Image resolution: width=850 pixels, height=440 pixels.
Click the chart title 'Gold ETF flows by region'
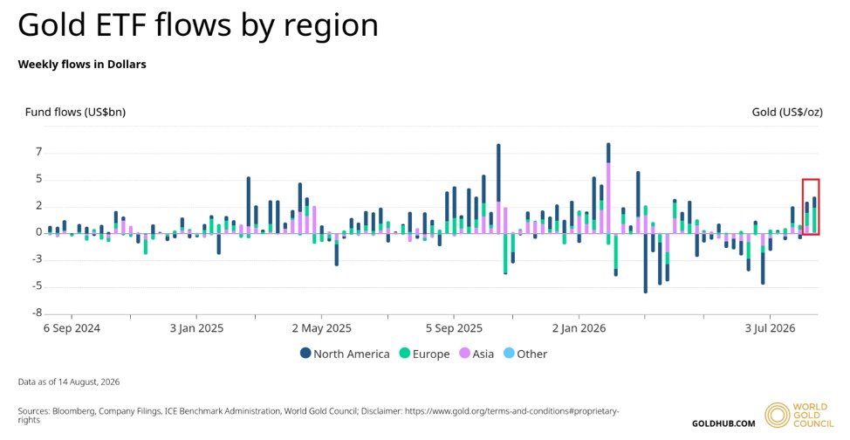pyautogui.click(x=198, y=25)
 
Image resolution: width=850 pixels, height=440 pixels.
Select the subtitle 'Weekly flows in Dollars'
pyautogui.click(x=82, y=64)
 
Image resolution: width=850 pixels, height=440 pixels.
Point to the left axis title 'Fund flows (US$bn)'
pyautogui.click(x=75, y=113)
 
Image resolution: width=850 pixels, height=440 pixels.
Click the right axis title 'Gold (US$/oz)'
pyautogui.click(x=787, y=113)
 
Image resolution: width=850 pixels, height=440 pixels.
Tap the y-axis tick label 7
pyautogui.click(x=38, y=153)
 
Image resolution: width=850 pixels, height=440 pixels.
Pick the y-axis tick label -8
pyautogui.click(x=37, y=313)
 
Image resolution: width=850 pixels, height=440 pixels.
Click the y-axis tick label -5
pyautogui.click(x=37, y=286)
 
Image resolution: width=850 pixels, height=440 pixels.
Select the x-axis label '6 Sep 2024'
pyautogui.click(x=72, y=328)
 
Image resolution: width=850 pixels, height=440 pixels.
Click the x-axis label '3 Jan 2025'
pyautogui.click(x=196, y=328)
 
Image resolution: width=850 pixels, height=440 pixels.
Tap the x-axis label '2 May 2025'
pyautogui.click(x=321, y=328)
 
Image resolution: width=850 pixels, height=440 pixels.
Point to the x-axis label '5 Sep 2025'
pyautogui.click(x=454, y=328)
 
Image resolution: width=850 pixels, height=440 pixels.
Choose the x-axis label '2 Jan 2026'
pyautogui.click(x=579, y=328)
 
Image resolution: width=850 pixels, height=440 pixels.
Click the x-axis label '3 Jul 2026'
pyautogui.click(x=770, y=328)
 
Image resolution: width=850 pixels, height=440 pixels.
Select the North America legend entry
pyautogui.click(x=345, y=354)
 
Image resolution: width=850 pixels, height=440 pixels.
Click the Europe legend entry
pyautogui.click(x=424, y=354)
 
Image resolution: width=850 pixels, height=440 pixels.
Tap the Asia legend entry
pyautogui.click(x=476, y=354)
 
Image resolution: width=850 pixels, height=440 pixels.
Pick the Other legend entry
pyautogui.click(x=525, y=354)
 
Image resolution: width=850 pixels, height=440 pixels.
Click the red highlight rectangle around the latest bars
pyautogui.click(x=803, y=207)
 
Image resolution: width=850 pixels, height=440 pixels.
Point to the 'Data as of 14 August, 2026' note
pyautogui.click(x=69, y=382)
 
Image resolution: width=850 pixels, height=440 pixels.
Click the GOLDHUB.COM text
pyautogui.click(x=723, y=423)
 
